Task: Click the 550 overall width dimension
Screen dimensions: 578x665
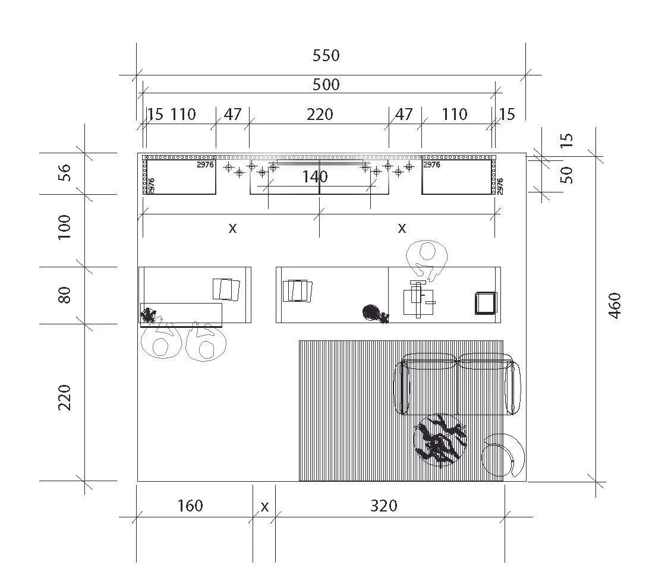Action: pos(326,56)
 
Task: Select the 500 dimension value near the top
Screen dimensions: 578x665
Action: pos(326,85)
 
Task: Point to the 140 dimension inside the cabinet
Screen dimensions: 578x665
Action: pos(315,176)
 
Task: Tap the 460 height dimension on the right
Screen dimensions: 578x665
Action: pos(615,305)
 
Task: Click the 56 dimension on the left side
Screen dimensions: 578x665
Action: pos(65,172)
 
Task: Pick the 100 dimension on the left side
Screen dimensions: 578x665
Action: pos(65,227)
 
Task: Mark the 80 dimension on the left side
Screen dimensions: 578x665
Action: pos(65,295)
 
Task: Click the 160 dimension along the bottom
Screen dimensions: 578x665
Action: pos(190,506)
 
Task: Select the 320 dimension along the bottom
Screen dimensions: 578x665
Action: pos(383,506)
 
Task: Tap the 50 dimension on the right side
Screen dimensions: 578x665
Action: pos(568,175)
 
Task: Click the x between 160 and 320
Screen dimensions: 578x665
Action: pos(264,507)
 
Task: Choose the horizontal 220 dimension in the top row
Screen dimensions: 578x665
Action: pos(320,114)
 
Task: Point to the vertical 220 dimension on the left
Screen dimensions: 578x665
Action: pos(65,397)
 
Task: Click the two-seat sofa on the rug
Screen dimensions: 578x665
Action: pos(458,383)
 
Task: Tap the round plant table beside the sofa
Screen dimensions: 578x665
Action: pos(440,440)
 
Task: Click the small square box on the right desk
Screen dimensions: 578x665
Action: pos(486,303)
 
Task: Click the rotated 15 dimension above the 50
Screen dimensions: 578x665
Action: pos(568,140)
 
